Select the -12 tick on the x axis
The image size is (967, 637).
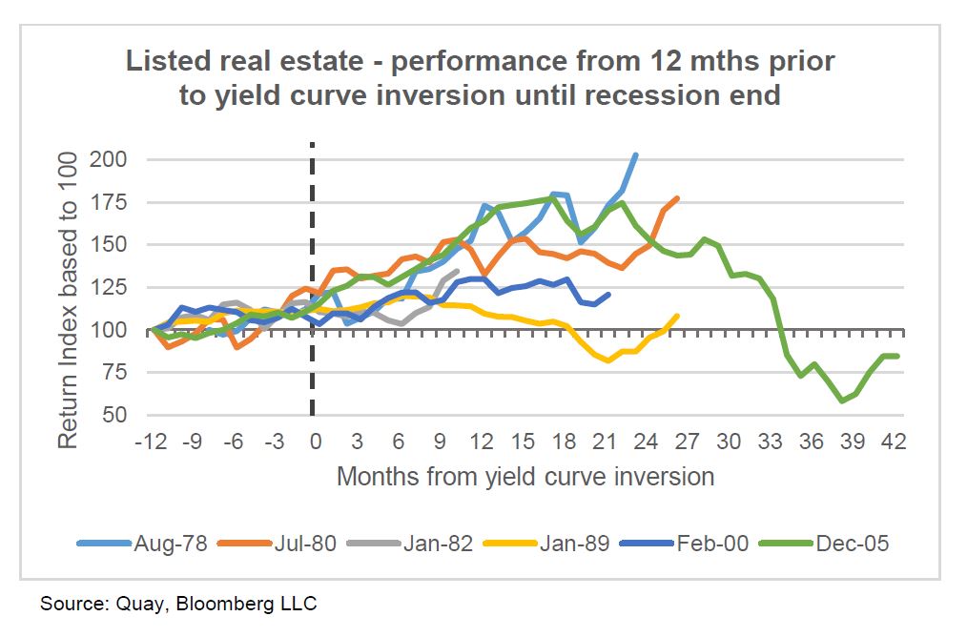pos(151,443)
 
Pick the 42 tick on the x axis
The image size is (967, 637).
pos(894,443)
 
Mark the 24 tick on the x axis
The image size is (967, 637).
pos(645,443)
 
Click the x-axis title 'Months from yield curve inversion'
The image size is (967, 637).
pos(525,476)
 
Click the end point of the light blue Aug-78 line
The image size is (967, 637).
pos(636,154)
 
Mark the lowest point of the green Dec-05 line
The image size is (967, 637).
pos(842,401)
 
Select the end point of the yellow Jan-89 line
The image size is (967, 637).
pos(677,316)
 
